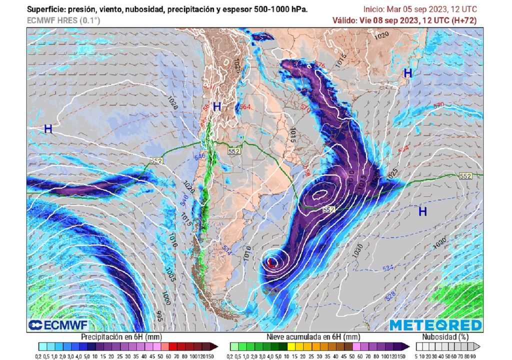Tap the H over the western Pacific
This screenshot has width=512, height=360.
point(48,129)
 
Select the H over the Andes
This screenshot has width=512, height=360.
point(217,106)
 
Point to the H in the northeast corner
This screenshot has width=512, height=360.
point(408,73)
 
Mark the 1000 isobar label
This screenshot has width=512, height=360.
point(166,299)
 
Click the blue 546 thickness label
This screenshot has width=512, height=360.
point(199,157)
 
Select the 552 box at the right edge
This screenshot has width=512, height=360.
point(465,176)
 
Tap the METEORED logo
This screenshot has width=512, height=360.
point(435,325)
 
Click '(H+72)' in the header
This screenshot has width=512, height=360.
point(464,20)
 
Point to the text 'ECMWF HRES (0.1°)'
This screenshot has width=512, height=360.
point(63,20)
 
